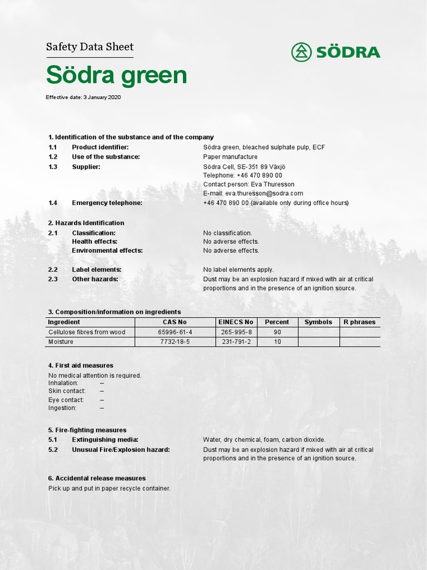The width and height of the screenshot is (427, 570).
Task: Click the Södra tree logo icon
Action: (x=301, y=52)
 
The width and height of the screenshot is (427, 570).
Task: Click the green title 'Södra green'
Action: (x=116, y=75)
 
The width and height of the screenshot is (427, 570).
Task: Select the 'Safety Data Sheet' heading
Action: (x=90, y=47)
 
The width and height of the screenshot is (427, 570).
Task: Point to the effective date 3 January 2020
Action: (x=83, y=97)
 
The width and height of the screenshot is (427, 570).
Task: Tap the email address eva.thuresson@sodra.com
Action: (x=253, y=193)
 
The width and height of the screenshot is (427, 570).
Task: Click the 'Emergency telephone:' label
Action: (x=107, y=203)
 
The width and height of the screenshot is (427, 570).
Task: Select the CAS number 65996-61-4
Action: (x=175, y=332)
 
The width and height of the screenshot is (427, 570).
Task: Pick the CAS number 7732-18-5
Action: (x=175, y=342)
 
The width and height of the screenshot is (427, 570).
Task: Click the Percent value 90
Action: (x=277, y=332)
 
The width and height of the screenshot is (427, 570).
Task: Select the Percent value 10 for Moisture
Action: (x=277, y=342)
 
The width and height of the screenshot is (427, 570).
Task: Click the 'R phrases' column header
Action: (x=359, y=322)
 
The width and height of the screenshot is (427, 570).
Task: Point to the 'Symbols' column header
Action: (x=318, y=322)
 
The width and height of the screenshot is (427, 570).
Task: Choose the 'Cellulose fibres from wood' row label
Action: (x=87, y=332)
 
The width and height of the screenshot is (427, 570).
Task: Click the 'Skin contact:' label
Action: (x=67, y=391)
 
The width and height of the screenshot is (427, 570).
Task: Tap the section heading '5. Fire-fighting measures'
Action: (x=87, y=430)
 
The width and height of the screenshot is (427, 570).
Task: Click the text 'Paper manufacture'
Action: (x=230, y=157)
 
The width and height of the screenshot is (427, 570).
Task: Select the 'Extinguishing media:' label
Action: (x=105, y=440)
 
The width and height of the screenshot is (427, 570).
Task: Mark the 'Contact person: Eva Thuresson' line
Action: (x=249, y=184)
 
